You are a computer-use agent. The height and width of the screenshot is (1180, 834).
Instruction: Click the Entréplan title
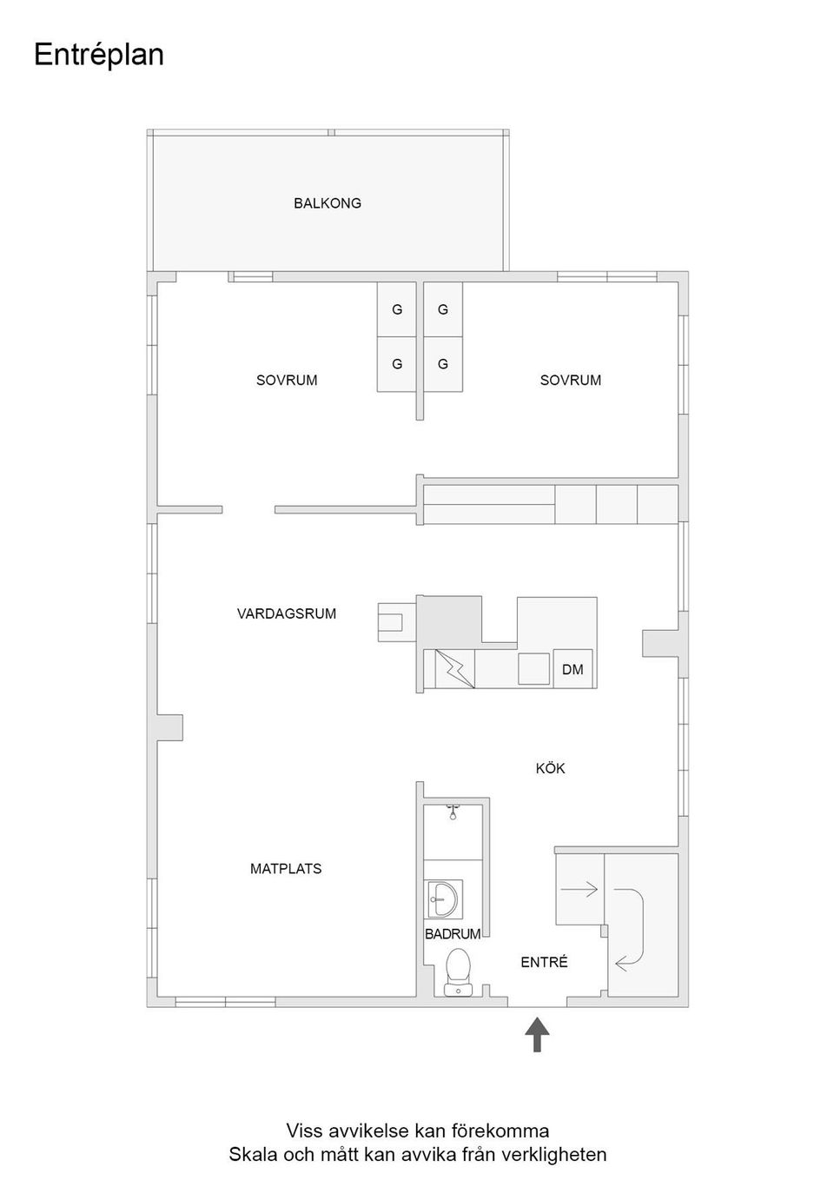point(98,55)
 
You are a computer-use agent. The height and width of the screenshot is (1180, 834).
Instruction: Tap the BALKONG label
point(327,203)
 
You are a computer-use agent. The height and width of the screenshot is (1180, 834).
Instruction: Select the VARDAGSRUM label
point(286,613)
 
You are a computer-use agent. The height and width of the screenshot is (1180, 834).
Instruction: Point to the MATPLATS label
point(286,868)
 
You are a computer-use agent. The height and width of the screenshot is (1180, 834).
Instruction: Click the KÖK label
point(550,768)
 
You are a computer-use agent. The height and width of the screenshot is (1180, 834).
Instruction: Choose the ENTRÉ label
point(544,962)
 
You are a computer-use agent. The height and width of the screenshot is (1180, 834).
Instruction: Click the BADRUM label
point(452,934)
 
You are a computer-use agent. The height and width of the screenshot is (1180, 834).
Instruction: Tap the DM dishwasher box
point(573,669)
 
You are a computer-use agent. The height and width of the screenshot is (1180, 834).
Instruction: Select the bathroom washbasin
point(444,898)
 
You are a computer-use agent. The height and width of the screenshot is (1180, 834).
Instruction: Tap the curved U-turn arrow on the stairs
point(629,926)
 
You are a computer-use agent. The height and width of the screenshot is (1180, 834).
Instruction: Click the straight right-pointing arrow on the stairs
point(579,889)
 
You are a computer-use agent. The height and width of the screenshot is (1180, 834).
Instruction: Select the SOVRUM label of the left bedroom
point(286,380)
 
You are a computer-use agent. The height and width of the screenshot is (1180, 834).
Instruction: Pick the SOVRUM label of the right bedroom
point(570,380)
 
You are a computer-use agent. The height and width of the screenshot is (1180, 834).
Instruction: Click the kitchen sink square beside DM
point(534,669)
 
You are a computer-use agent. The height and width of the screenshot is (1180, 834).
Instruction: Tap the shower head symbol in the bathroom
point(452,812)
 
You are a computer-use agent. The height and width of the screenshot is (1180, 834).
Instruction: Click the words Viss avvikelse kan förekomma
point(417,1130)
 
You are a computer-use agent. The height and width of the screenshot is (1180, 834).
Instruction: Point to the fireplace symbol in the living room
point(390,622)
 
